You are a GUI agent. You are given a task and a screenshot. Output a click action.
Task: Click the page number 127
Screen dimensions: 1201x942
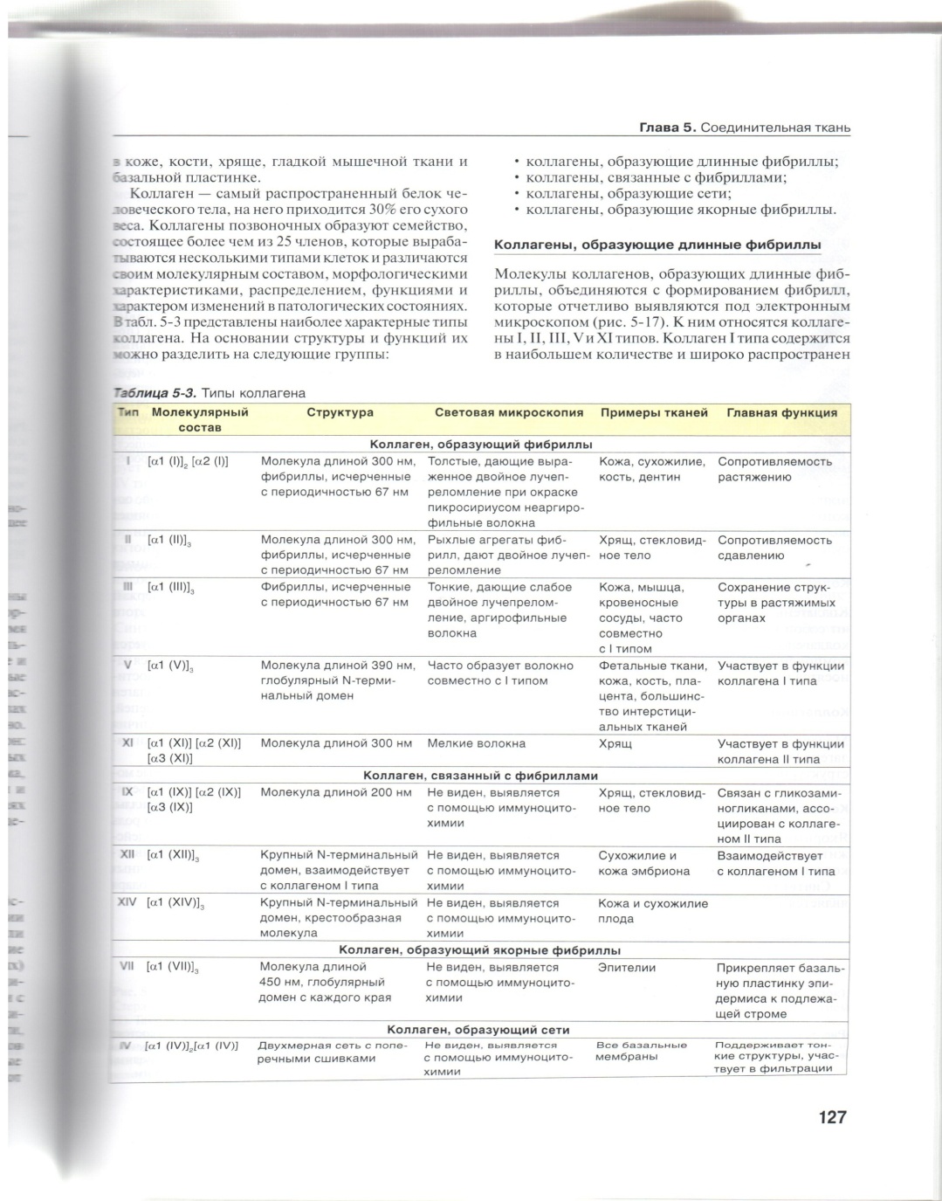coord(832,1117)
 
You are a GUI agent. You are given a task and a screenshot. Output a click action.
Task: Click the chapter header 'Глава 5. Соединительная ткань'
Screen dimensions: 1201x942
coord(745,128)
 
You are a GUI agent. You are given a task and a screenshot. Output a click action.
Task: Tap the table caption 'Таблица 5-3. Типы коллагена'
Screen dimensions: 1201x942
coord(210,393)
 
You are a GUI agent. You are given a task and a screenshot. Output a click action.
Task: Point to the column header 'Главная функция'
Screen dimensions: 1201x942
coord(781,412)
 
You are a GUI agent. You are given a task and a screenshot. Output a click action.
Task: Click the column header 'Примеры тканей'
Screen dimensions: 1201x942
coord(654,412)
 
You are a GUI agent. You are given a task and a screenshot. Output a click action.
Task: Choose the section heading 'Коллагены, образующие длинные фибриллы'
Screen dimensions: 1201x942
coord(657,245)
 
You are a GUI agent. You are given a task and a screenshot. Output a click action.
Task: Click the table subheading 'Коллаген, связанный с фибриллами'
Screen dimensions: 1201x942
coord(480,775)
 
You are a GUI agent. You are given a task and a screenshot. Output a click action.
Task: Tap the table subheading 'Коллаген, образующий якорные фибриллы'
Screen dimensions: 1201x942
coord(480,950)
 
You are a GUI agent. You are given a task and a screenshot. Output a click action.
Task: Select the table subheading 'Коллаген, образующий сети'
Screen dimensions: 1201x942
coord(478,1030)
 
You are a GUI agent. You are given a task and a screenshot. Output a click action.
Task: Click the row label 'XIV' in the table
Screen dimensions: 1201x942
coord(127,902)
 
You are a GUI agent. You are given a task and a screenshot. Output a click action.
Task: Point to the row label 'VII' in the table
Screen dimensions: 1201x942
coord(127,967)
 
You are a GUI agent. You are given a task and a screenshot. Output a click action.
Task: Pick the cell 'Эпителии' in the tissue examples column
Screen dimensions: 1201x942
coord(626,968)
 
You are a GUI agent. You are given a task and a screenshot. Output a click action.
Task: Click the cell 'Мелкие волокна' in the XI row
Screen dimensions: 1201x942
coord(476,743)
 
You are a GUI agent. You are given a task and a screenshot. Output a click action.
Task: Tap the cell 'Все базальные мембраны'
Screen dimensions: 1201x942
coord(640,1051)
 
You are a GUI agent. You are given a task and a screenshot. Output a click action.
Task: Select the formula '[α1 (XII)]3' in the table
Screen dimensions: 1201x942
coord(175,856)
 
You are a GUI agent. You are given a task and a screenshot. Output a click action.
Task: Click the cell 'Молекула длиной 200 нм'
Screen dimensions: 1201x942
coord(335,792)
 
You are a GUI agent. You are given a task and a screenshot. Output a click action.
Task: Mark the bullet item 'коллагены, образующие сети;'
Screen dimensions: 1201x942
coord(629,193)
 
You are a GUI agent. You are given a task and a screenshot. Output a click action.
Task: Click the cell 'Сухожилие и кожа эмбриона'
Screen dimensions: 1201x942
coord(643,863)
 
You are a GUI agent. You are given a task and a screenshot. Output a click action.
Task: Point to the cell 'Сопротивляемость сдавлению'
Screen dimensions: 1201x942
coord(762,548)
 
